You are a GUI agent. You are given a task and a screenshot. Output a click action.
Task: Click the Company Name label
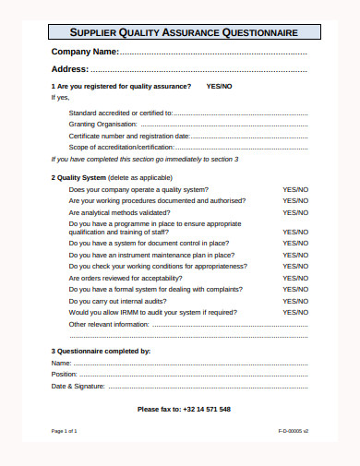point(85,51)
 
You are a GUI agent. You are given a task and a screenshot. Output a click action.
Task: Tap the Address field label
point(70,69)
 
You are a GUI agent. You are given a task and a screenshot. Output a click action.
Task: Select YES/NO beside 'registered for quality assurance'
point(220,86)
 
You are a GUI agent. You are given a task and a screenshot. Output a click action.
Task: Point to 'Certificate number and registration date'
point(129,136)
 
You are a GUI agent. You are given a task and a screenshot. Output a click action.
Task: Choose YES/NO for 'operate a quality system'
point(295,189)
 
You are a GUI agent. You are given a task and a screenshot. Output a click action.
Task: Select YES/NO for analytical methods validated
point(295,211)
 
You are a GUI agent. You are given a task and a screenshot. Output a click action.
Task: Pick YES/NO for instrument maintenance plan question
point(295,255)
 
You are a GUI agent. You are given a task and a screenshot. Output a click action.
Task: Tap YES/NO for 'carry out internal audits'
point(295,301)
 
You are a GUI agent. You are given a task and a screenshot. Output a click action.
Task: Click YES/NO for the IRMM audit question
point(295,312)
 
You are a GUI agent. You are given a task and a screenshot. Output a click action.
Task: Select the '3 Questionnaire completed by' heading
point(100,351)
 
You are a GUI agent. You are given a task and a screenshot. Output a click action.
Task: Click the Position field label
point(65,374)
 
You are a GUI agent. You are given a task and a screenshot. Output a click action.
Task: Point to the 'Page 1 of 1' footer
point(65,431)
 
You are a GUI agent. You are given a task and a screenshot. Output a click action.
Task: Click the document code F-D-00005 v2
point(293,431)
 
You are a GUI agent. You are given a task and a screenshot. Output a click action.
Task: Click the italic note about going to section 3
point(144,159)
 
